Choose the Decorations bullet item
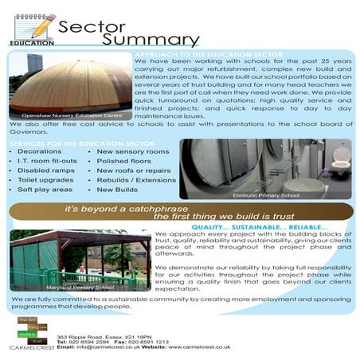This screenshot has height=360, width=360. point(39,151)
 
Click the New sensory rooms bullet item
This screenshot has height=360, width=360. point(132,151)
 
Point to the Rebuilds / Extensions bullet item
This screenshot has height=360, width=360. point(136,180)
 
